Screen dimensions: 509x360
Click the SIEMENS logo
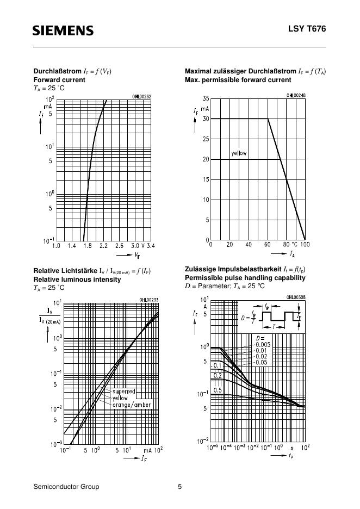(x=63, y=30)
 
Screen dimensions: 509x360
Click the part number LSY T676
(x=307, y=29)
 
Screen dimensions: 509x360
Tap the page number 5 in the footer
(x=179, y=487)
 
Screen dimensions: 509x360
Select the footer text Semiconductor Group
(x=66, y=487)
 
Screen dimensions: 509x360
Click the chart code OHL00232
(x=141, y=96)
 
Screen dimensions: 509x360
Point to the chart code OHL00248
(x=296, y=95)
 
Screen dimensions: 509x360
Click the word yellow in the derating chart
(x=238, y=153)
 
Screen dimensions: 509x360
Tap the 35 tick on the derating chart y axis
(x=206, y=98)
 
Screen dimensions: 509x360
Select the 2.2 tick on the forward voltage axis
(x=103, y=246)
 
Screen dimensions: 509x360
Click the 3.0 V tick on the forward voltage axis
(x=138, y=246)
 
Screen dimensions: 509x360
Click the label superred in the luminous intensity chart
(x=123, y=392)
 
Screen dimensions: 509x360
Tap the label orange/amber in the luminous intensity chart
(x=132, y=405)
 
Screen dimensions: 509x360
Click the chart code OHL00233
(x=148, y=300)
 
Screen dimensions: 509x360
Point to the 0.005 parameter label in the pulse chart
(x=263, y=344)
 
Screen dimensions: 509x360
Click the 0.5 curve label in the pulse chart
(x=218, y=390)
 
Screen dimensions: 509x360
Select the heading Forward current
(x=59, y=80)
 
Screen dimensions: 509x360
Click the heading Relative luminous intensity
(x=77, y=280)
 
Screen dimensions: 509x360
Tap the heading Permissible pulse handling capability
(x=245, y=278)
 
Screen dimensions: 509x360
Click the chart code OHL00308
(x=296, y=297)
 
